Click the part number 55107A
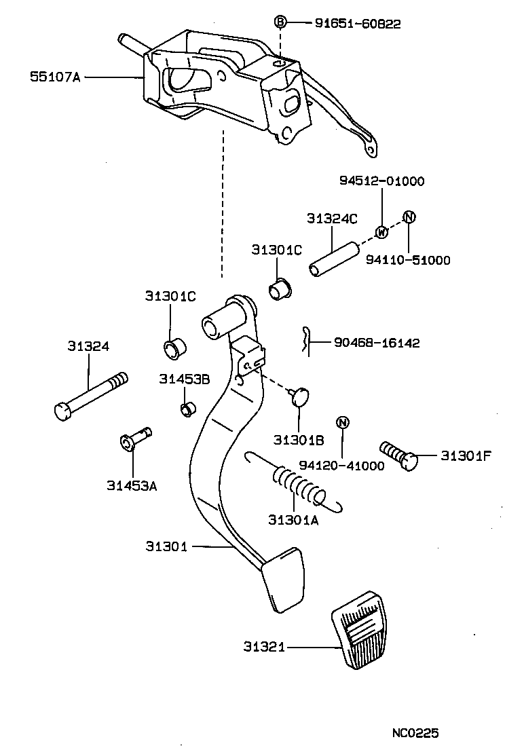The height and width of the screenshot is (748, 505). [54, 77]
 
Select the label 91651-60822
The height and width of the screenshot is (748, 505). [358, 24]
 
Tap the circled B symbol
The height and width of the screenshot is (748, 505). [280, 22]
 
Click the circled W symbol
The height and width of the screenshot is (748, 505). [381, 232]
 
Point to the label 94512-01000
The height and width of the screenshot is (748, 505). [381, 181]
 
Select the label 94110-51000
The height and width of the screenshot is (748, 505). [409, 260]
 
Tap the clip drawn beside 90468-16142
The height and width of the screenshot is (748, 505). [306, 341]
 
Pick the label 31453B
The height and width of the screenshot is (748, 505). [184, 379]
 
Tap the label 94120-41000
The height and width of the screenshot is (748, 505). [341, 466]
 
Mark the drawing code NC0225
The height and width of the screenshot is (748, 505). [415, 733]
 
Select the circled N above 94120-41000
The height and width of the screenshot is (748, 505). [343, 423]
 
